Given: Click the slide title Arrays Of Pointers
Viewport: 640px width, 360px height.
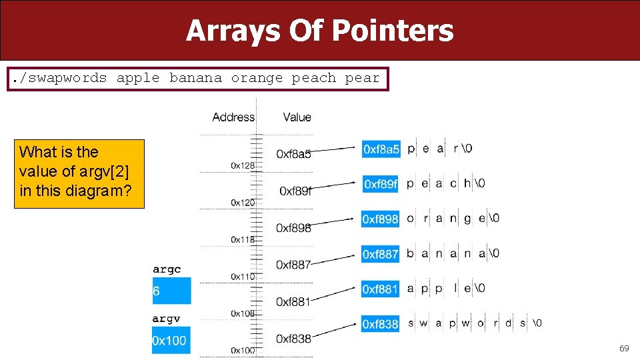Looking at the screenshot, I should tap(319, 31).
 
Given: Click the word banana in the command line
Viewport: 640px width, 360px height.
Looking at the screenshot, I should tap(195, 78).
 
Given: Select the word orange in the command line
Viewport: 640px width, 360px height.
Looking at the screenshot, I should tap(257, 78).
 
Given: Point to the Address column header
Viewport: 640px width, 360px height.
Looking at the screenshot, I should tap(233, 117).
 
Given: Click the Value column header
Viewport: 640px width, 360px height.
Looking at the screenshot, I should tap(297, 117).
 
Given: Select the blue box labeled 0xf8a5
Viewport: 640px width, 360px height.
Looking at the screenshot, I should tap(381, 149).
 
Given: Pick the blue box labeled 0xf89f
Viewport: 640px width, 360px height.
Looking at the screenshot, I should tap(381, 184).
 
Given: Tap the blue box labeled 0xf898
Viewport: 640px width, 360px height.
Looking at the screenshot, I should tap(381, 219).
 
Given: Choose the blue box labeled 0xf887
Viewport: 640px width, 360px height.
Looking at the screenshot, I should tap(381, 254).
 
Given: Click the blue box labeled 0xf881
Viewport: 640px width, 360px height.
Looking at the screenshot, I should tap(381, 289).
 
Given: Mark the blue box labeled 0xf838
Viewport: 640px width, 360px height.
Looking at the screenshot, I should tap(381, 324).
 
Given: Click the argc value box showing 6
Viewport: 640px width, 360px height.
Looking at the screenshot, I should tap(171, 291).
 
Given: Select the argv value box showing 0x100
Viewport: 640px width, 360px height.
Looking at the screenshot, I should tap(171, 341).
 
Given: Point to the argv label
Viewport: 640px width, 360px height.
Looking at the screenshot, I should tap(166, 319).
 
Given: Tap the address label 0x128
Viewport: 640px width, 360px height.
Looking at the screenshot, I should tap(243, 165).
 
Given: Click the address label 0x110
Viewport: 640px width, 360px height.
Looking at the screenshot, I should tap(243, 276).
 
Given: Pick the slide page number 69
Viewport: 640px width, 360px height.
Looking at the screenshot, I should tap(624, 348).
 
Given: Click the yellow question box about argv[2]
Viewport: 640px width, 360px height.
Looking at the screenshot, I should tap(79, 173).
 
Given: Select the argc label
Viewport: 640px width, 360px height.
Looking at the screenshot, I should tap(167, 269).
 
